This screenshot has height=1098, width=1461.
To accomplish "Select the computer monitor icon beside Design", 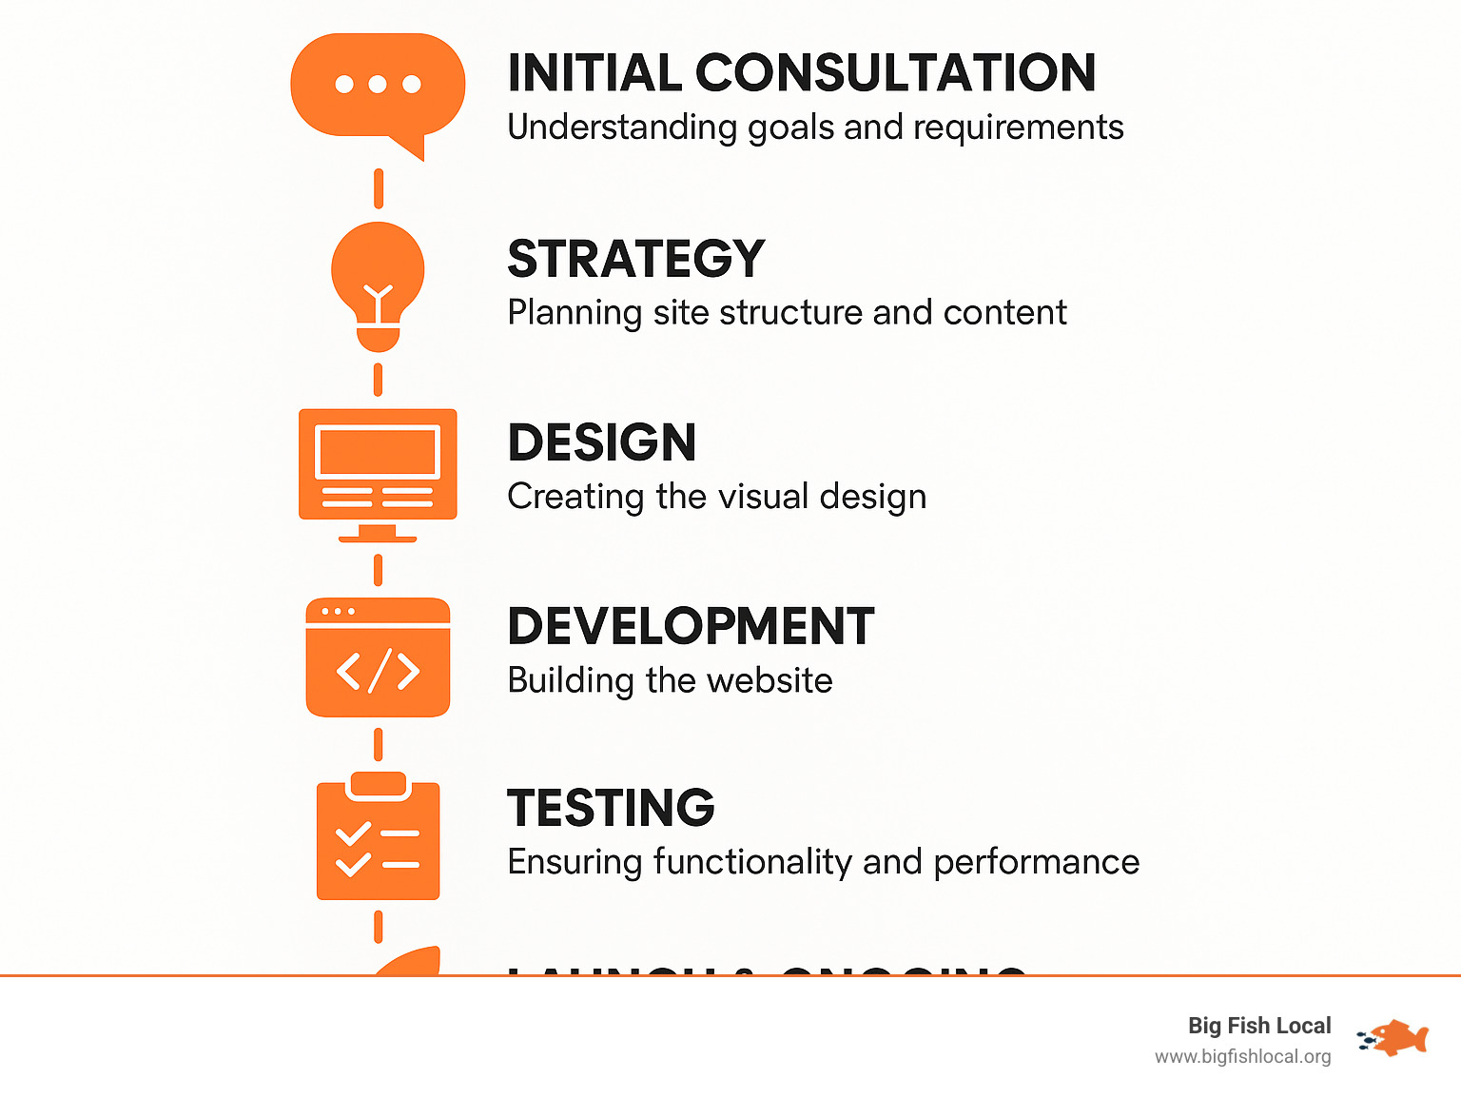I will [x=378, y=471].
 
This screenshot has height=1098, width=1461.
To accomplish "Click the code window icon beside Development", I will [x=378, y=657].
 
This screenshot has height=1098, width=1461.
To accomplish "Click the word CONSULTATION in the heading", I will [x=895, y=73].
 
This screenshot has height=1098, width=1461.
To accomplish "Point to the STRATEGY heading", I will [x=635, y=259].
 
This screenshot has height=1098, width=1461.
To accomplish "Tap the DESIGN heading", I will [x=601, y=442].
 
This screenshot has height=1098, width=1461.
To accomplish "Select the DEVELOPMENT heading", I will [x=691, y=626].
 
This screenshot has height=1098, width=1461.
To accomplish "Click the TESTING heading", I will [x=610, y=808].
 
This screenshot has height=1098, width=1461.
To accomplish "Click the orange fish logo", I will [x=1393, y=1038].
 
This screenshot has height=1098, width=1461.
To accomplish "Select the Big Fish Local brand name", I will [x=1258, y=1026].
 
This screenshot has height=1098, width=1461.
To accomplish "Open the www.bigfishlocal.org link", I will [x=1242, y=1057].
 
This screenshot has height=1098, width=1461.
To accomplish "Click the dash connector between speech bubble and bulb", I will [x=379, y=188].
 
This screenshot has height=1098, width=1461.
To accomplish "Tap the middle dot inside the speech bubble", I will [x=378, y=85].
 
